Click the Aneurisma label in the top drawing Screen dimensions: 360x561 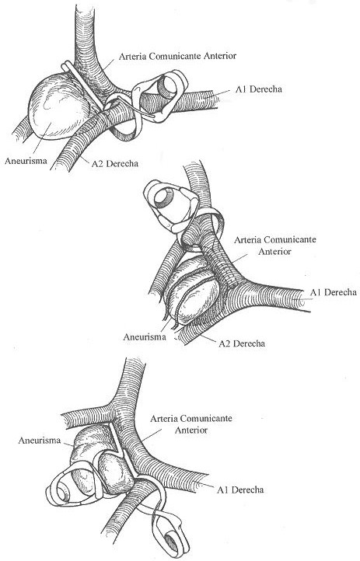tap(26, 161)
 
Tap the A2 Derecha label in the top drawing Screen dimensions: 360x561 tap(115, 163)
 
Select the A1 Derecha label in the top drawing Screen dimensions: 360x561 tap(258, 89)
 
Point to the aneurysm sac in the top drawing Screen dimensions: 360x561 tap(59, 106)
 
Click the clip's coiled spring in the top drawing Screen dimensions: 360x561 tap(167, 87)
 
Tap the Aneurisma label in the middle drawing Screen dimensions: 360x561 tap(145, 336)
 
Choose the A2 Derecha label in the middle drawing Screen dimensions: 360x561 tap(242, 343)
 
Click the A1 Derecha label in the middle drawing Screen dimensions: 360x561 tap(333, 292)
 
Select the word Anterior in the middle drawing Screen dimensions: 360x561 tap(274, 251)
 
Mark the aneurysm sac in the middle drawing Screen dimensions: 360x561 tap(193, 291)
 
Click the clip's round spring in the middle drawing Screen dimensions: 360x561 tap(164, 197)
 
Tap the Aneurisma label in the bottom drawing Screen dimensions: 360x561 tap(40, 440)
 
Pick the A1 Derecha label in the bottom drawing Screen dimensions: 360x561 tap(240, 490)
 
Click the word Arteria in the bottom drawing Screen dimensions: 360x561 tap(163, 418)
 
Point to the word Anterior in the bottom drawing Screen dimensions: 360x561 tap(191, 430)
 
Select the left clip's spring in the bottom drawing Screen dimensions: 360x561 tap(63, 493)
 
